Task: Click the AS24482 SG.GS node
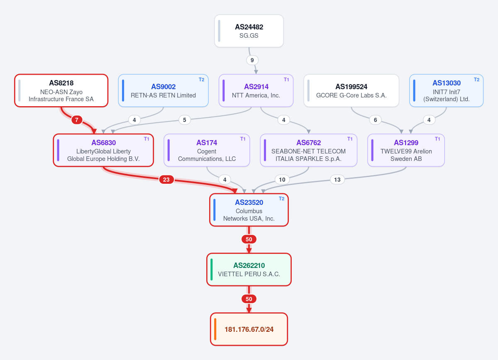tap(249, 31)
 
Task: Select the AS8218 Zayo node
tap(61, 91)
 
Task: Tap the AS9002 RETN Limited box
tap(163, 91)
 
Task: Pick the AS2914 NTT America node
tap(256, 91)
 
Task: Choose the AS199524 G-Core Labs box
tap(351, 91)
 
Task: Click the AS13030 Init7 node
tap(446, 91)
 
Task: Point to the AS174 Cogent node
tap(207, 150)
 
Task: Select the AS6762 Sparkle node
tap(309, 150)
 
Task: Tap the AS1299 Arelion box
tap(406, 150)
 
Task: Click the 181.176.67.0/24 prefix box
tap(249, 329)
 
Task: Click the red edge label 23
tap(166, 180)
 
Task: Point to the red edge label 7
tap(77, 120)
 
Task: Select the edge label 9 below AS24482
tap(252, 60)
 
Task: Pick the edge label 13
tap(337, 180)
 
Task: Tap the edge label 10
tap(282, 180)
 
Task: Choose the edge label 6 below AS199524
tap(375, 120)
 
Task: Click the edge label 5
tap(185, 120)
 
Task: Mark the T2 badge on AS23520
tap(282, 199)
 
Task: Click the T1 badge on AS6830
tap(146, 139)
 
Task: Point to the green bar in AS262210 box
tap(211, 270)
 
